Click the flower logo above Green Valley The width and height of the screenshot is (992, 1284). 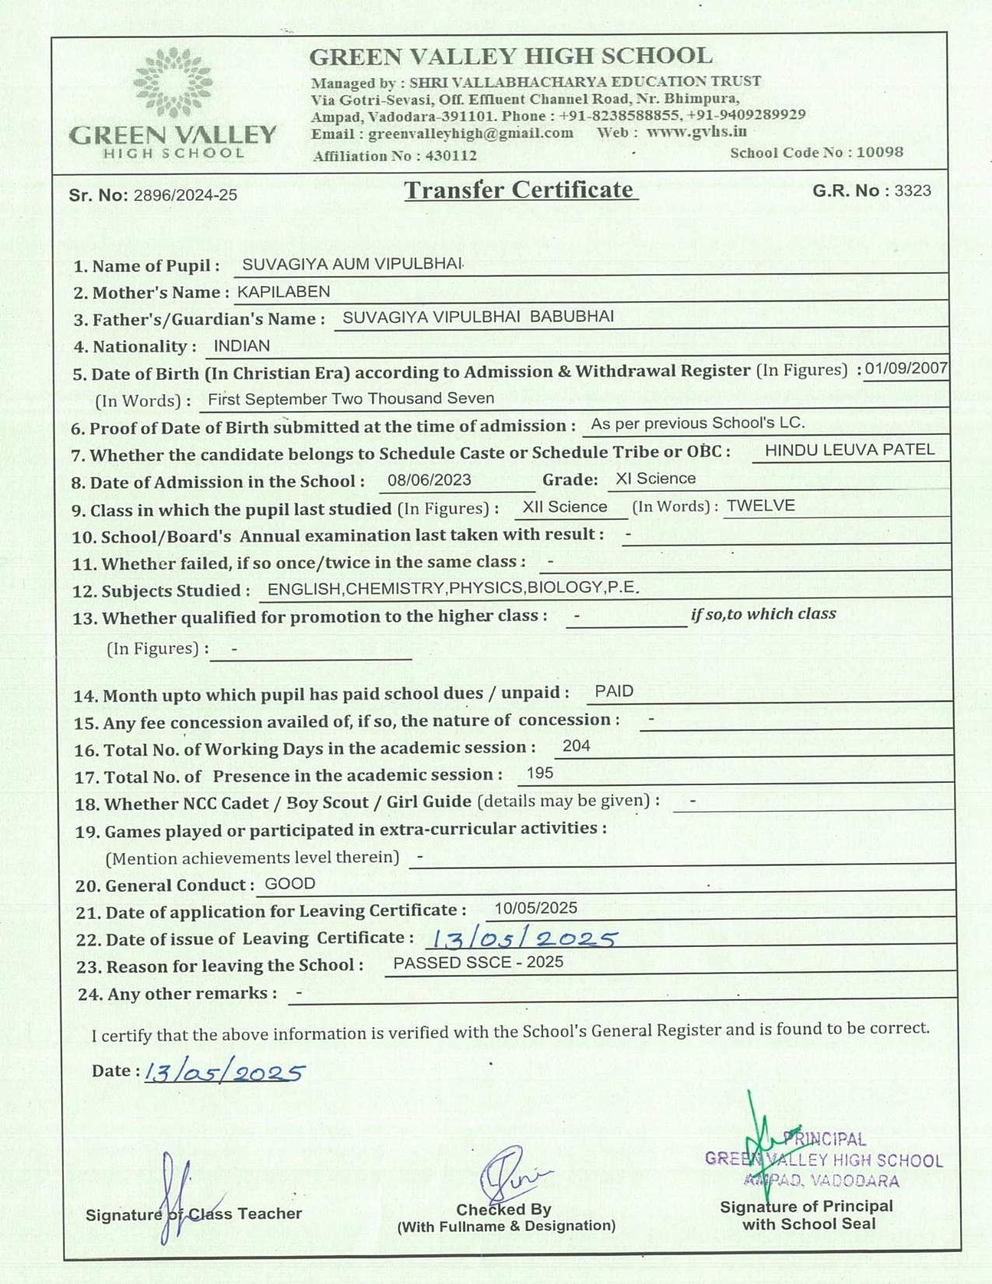point(172,82)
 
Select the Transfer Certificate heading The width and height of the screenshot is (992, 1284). point(519,190)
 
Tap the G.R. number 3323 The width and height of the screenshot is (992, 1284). point(912,191)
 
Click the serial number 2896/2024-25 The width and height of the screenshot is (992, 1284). point(185,195)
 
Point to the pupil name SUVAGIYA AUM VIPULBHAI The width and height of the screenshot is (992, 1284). point(352,264)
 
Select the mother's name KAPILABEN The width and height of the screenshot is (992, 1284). point(283,292)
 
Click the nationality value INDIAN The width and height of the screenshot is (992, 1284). point(241,346)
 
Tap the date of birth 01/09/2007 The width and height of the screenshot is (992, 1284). point(906,368)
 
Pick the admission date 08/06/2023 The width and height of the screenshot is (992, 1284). point(429,480)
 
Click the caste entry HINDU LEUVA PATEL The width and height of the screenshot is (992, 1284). point(850,450)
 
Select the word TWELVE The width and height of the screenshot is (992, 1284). point(760,506)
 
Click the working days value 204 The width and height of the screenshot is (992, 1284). point(576,746)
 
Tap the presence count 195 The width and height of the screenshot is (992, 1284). point(539,774)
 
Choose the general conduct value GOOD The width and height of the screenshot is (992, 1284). point(289,884)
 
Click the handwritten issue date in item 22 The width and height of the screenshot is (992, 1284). point(524,938)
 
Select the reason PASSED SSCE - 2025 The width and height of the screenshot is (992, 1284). point(478,963)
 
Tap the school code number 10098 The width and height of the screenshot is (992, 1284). point(879,152)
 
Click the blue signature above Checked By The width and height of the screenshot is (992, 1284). point(510,1173)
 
